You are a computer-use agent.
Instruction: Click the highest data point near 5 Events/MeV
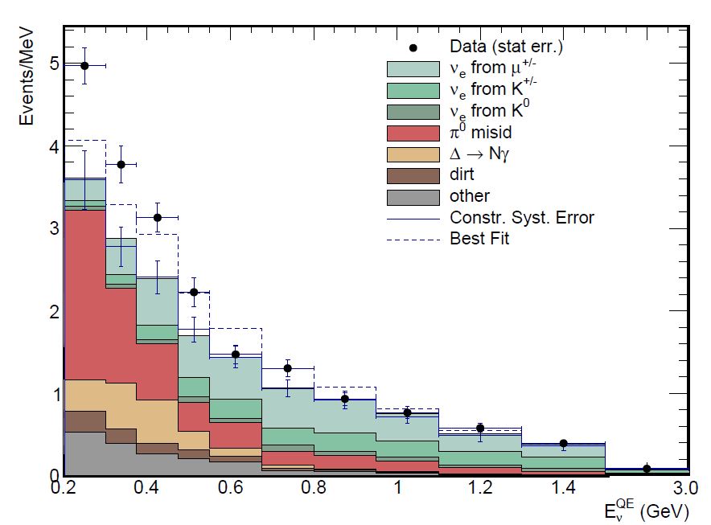[84, 66]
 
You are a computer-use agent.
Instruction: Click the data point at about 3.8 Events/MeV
[121, 164]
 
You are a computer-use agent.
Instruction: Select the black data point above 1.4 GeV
[563, 443]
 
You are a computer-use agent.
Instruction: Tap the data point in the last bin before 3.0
[647, 469]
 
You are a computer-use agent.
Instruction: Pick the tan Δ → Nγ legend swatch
[413, 153]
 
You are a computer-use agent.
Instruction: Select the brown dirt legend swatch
[413, 174]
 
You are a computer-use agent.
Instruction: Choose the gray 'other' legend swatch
[413, 195]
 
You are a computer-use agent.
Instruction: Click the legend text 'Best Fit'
[480, 238]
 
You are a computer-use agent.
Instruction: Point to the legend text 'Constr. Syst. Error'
[522, 217]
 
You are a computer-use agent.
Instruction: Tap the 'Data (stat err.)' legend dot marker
[413, 47]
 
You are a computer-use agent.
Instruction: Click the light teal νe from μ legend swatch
[413, 68]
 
